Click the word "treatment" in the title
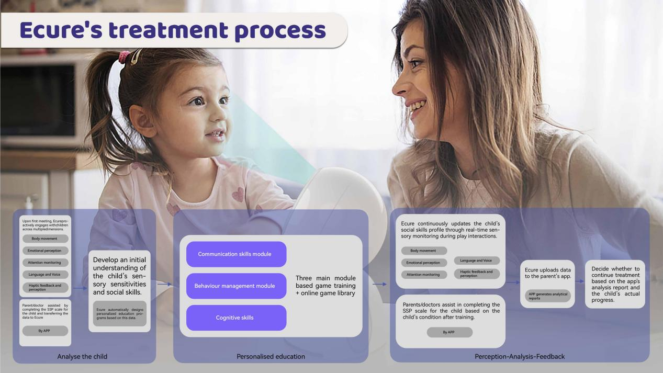coord(168,30)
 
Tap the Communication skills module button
coord(236,254)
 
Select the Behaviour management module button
coord(236,286)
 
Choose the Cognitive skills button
coord(236,318)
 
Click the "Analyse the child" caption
coord(82,356)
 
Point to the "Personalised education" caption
coord(271,356)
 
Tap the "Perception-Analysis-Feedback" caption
coord(520,356)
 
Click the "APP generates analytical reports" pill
coord(548,296)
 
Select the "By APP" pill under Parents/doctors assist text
coord(450,332)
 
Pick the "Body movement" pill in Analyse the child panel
coord(46,239)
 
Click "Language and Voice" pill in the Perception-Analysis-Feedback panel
coord(477,261)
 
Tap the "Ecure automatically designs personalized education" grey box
coord(120,313)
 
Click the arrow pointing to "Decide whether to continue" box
coord(579,281)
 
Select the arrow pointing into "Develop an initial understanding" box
coord(80,288)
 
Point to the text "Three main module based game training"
coord(325,282)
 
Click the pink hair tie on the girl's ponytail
coord(124,56)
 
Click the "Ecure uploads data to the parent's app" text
coord(547,273)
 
